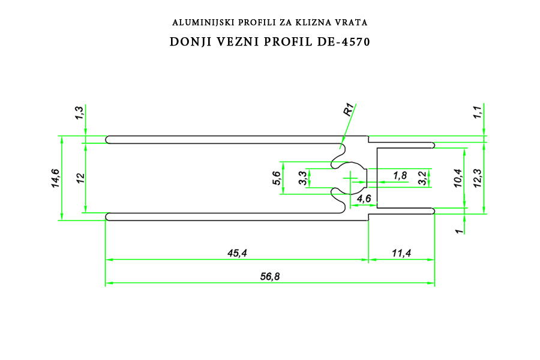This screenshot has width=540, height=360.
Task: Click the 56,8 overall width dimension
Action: click(270, 276)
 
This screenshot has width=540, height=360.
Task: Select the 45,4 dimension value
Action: click(237, 253)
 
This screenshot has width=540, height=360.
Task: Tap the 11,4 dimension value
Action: click(401, 253)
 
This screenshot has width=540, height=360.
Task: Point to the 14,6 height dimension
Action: click(55, 178)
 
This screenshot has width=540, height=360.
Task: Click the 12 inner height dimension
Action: click(80, 178)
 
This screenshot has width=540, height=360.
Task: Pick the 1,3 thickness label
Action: click(80, 113)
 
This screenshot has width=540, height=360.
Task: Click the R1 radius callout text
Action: click(349, 110)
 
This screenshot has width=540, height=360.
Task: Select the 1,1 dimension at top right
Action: click(478, 112)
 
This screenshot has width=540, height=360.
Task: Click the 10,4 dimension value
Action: click(458, 178)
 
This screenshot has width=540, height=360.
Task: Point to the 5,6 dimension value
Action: click(277, 178)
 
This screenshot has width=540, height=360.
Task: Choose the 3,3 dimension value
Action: click(303, 178)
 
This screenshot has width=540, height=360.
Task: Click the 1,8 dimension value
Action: click(400, 176)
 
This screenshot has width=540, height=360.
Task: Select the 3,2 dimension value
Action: click(422, 178)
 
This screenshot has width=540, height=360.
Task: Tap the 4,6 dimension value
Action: click(364, 199)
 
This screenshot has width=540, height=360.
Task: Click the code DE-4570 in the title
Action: click(343, 41)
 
